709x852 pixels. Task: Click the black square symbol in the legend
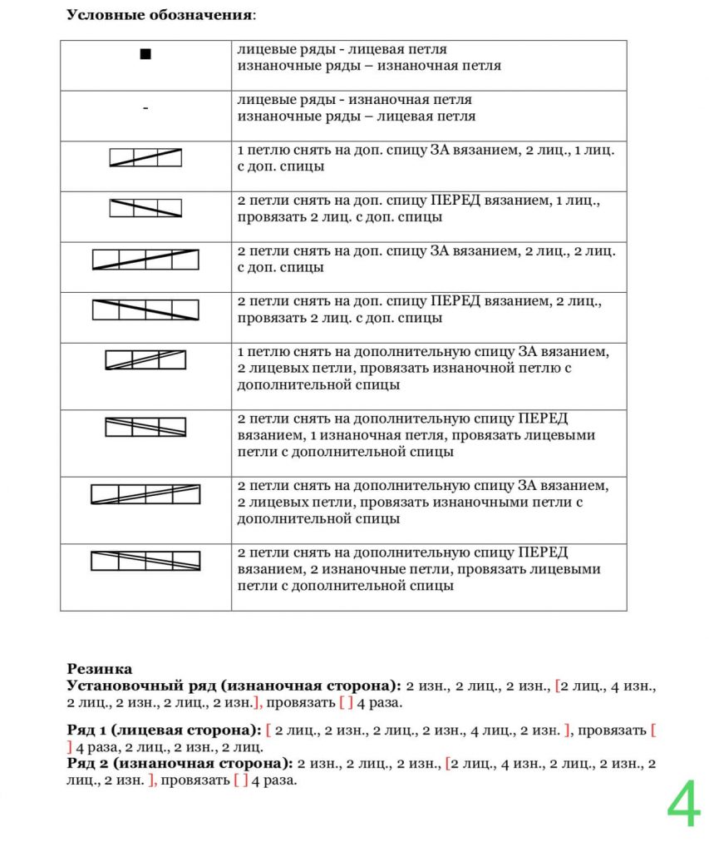[145, 55]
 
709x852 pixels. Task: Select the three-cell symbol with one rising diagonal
[145, 157]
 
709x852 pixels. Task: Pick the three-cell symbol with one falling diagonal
[145, 208]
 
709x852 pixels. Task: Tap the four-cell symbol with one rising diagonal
[145, 260]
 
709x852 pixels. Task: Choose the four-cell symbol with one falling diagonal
[145, 310]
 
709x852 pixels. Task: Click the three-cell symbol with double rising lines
[145, 360]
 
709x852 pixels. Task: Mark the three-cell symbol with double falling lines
[145, 427]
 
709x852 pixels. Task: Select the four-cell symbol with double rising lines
[145, 494]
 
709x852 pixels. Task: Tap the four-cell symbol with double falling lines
[145, 561]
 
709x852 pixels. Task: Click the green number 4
[683, 805]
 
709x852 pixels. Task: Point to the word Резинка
[99, 668]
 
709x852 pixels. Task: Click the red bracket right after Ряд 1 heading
[268, 731]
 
